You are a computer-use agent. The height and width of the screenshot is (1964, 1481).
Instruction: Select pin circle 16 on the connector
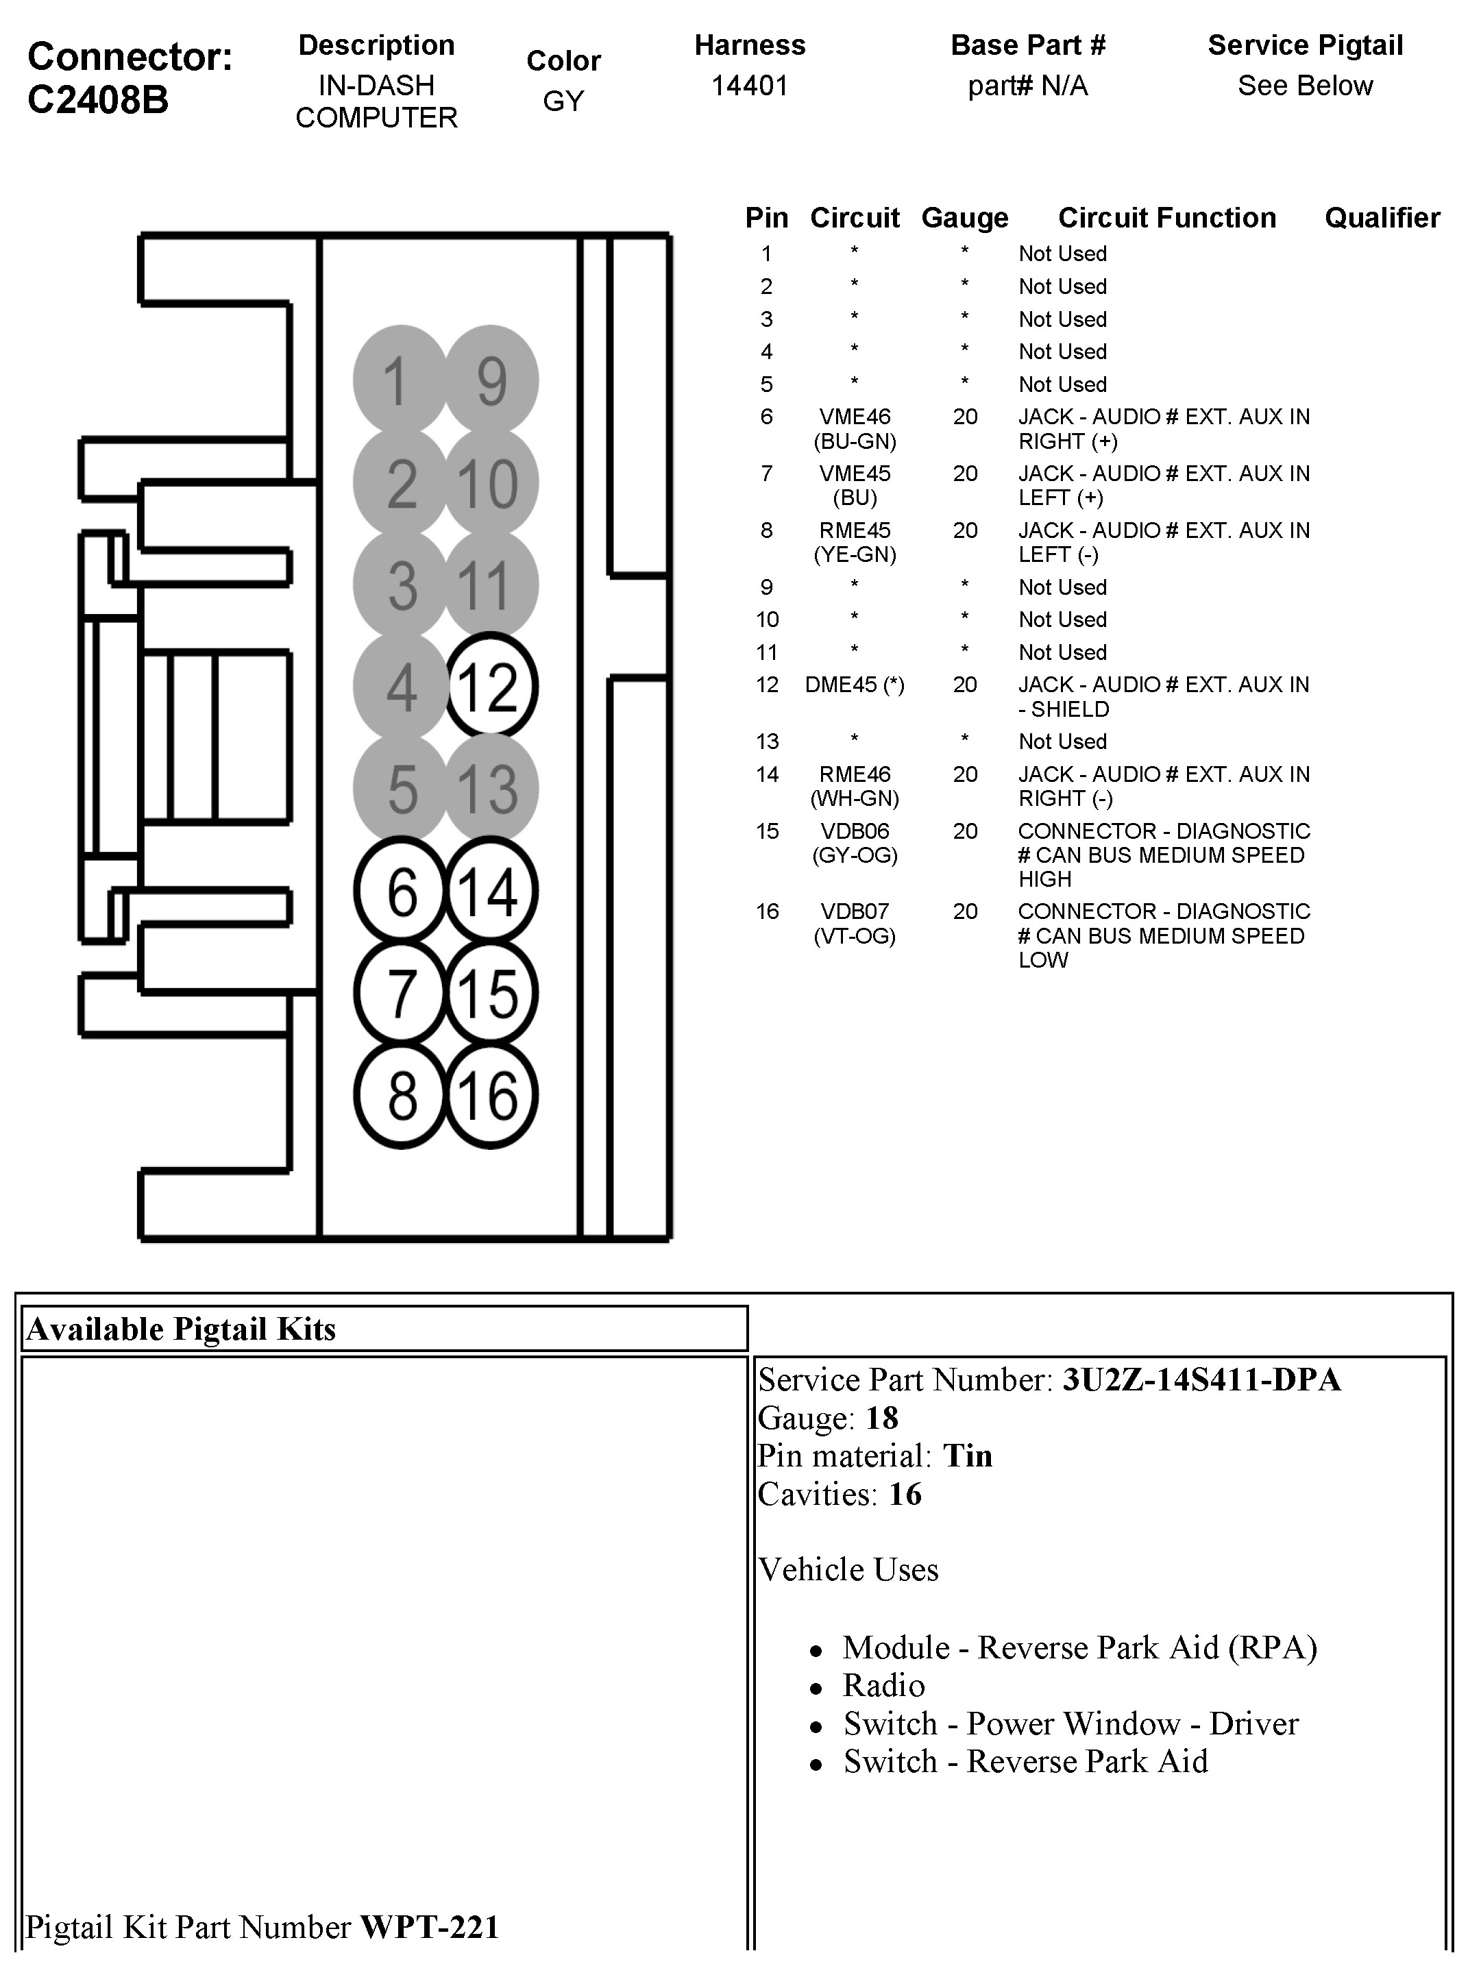(x=490, y=1095)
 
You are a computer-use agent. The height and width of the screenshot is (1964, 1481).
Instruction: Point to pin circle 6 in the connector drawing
(x=402, y=891)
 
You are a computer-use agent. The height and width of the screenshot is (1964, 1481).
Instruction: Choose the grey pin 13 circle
(x=490, y=789)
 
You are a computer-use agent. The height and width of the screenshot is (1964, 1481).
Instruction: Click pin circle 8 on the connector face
(x=402, y=1095)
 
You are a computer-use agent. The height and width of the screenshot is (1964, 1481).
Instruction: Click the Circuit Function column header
(x=1166, y=217)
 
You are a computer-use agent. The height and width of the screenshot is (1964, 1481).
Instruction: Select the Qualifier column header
(x=1382, y=217)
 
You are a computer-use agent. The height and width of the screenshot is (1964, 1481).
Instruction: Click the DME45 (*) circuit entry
(x=854, y=685)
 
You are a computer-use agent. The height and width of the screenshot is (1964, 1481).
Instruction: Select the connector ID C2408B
(x=98, y=99)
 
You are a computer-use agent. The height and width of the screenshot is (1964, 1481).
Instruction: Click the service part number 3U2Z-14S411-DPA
(x=1201, y=1379)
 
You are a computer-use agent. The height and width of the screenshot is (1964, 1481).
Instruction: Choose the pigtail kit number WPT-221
(x=429, y=1926)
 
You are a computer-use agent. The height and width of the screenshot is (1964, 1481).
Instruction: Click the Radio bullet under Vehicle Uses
(x=883, y=1685)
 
